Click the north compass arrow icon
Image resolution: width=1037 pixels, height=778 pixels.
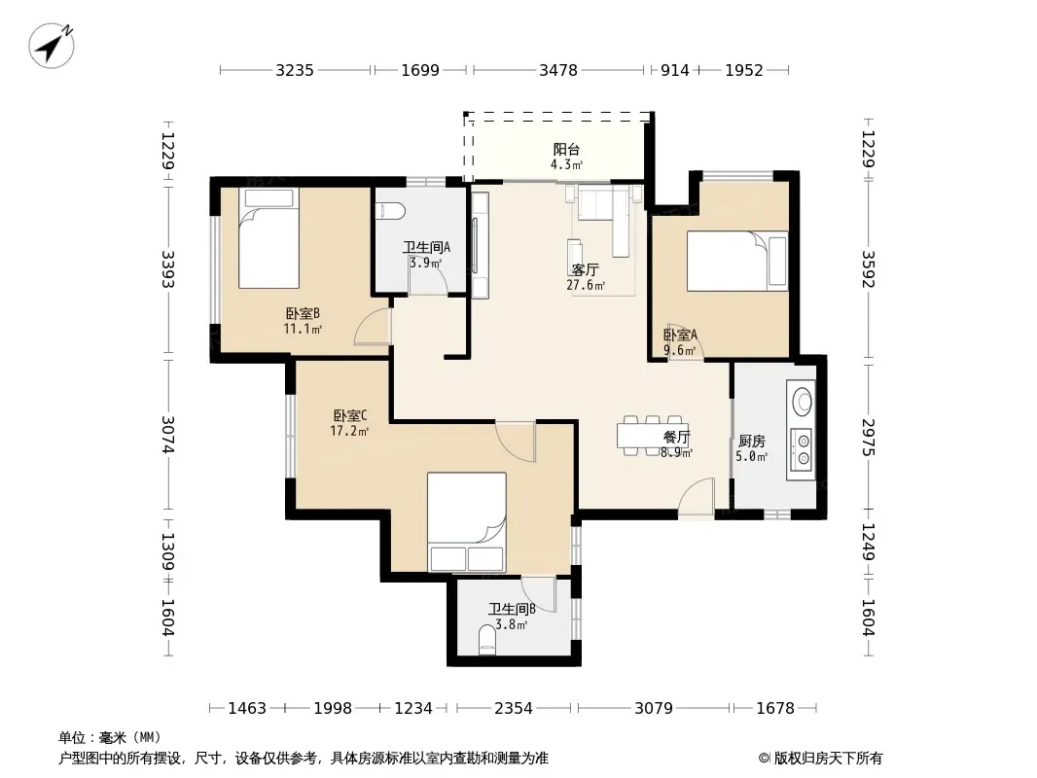[x=51, y=46]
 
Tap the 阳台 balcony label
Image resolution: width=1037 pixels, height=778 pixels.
[x=566, y=150]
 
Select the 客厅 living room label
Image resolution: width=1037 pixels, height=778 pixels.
[x=586, y=269]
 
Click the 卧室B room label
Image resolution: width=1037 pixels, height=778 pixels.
[x=303, y=313]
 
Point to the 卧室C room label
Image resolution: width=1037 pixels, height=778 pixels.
[x=350, y=416]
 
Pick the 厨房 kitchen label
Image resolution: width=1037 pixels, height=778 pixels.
[x=751, y=441]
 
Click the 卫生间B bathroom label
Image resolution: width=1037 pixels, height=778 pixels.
[x=512, y=609]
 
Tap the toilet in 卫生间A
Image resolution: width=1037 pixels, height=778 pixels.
[x=390, y=211]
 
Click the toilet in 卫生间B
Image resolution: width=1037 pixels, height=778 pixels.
[x=486, y=640]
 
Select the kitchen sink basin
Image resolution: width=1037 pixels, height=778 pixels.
[x=803, y=400]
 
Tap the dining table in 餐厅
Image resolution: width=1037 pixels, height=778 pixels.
[x=653, y=436]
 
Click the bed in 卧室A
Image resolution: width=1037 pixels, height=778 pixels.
[x=737, y=261]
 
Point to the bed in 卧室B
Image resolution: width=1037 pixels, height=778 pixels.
[x=268, y=238]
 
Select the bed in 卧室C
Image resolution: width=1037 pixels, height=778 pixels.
[x=467, y=522]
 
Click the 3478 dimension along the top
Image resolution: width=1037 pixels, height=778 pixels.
[x=558, y=70]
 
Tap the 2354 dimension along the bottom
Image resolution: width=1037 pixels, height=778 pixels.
[x=514, y=709]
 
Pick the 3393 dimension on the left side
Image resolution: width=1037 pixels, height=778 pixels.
[x=168, y=269]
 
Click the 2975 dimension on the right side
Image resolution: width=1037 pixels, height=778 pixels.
[x=869, y=438]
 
